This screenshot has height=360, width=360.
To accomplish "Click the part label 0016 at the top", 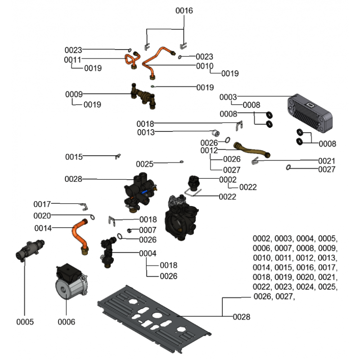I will pyautogui.click(x=184, y=10).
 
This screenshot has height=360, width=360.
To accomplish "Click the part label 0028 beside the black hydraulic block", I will pyautogui.click(x=73, y=179).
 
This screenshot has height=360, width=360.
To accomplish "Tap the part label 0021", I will pyautogui.click(x=327, y=161).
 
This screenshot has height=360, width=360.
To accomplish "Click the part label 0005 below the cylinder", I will pyautogui.click(x=25, y=322).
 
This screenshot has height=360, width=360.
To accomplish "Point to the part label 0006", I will pyautogui.click(x=66, y=322).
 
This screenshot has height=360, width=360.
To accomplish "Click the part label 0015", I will pyautogui.click(x=74, y=157).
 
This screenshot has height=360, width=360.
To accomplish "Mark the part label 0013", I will pyautogui.click(x=146, y=132).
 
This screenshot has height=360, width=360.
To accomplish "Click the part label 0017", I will pyautogui.click(x=42, y=204).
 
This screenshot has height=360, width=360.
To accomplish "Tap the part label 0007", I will pyautogui.click(x=148, y=230).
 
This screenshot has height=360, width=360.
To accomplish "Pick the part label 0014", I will pyautogui.click(x=42, y=228).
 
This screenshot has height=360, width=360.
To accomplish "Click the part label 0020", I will pyautogui.click(x=42, y=216).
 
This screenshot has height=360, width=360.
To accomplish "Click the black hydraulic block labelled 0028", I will pyautogui.click(x=140, y=189).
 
